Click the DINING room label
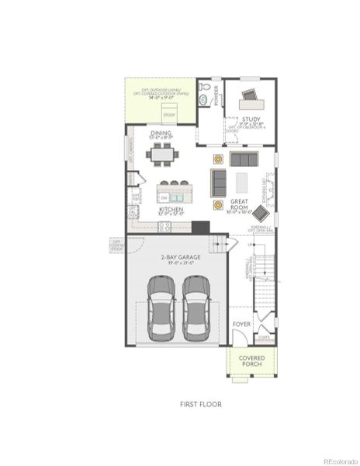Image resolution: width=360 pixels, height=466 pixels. tap(161, 134)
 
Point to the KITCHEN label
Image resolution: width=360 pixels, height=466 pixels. tap(171, 210)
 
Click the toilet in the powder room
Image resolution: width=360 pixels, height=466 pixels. tap(203, 99)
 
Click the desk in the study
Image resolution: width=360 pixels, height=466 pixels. tap(251, 97)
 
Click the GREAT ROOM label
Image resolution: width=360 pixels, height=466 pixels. tap(239, 205)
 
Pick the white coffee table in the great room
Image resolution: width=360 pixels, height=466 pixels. tap(241, 183)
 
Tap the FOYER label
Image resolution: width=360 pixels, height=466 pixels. tap(241, 322)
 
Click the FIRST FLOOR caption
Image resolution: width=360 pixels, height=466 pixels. tap(200, 404)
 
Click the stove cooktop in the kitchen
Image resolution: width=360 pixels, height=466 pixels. tap(164, 226)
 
